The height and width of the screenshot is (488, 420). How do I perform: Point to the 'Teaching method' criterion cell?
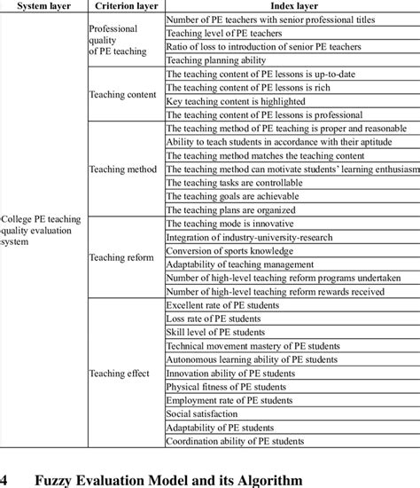125,169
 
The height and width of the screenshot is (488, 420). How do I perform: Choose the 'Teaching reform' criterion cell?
124,257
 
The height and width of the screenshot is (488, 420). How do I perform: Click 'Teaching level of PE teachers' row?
224,33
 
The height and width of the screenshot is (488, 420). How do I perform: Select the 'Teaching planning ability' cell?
217,60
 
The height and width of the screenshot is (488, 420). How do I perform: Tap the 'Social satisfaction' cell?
204,413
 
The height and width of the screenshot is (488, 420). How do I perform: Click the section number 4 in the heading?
5,479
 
